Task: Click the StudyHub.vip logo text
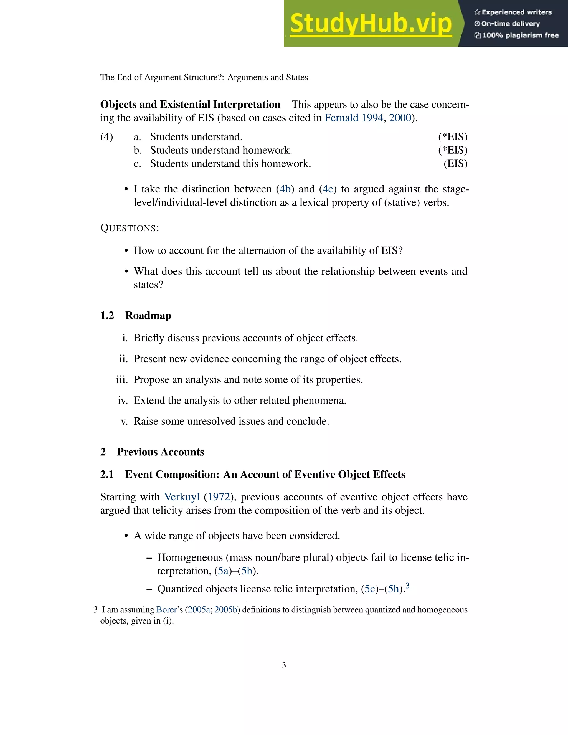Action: [371, 24]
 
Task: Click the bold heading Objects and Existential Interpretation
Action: [190, 105]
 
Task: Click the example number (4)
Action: [107, 137]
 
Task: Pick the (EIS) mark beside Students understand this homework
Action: [455, 164]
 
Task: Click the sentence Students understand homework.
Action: [221, 150]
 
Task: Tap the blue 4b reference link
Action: [285, 189]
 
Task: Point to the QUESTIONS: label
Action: [130, 228]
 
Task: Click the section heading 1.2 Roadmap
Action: [136, 316]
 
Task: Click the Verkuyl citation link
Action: [182, 497]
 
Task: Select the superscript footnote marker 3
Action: [407, 586]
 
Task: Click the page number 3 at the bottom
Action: [284, 665]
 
